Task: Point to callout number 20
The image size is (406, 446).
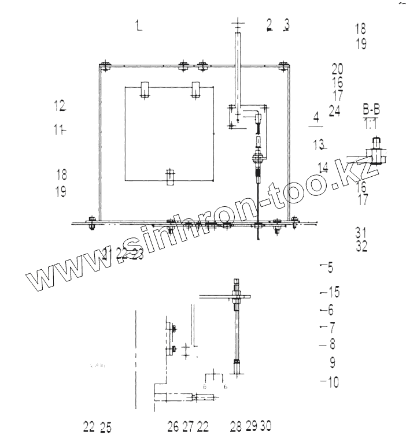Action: click(338, 69)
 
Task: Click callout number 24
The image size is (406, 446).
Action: click(334, 111)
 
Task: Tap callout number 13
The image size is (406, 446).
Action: click(318, 143)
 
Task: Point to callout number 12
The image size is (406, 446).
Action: click(60, 105)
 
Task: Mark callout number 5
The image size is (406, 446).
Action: click(330, 267)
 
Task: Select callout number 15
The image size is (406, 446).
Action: click(333, 292)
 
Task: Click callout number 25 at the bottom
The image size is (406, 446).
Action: click(106, 428)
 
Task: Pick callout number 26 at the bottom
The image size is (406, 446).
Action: click(174, 427)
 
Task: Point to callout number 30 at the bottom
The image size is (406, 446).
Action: click(265, 426)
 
